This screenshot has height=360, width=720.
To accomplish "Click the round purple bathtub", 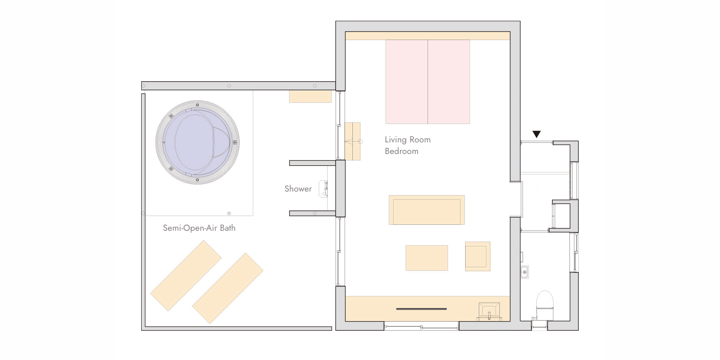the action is pyautogui.click(x=198, y=142).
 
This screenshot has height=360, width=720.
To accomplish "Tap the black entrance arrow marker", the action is pyautogui.click(x=536, y=134).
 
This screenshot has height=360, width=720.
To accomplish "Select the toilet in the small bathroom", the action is pyautogui.click(x=544, y=305).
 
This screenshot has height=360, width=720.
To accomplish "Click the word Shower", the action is pyautogui.click(x=298, y=189).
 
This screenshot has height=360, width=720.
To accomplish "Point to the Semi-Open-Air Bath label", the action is pyautogui.click(x=199, y=228).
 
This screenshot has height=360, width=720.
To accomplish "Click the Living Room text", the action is pyautogui.click(x=408, y=140).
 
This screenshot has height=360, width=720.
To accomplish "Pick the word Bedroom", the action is pyautogui.click(x=402, y=151).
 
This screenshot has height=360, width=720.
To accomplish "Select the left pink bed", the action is pyautogui.click(x=407, y=82).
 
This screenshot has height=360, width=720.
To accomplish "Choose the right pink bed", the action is pyautogui.click(x=449, y=82).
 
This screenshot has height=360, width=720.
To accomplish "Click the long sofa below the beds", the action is pyautogui.click(x=427, y=210).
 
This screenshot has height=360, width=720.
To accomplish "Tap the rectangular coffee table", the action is pyautogui.click(x=427, y=258).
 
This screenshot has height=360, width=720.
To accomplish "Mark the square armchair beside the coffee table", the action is pyautogui.click(x=478, y=256).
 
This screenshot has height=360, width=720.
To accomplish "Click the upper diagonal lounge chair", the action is pyautogui.click(x=186, y=276).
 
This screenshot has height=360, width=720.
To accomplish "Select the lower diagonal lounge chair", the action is pyautogui.click(x=228, y=288).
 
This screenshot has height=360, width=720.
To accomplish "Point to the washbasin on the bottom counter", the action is pyautogui.click(x=489, y=311).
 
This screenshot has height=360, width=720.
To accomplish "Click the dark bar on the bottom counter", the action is pyautogui.click(x=421, y=309).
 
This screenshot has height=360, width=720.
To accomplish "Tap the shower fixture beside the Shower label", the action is pyautogui.click(x=324, y=189).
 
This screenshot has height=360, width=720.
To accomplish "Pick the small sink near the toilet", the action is pyautogui.click(x=524, y=272).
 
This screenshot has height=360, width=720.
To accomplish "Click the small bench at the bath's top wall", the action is pyautogui.click(x=310, y=96).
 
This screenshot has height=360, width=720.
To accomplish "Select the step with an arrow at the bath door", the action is pyautogui.click(x=352, y=142).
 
